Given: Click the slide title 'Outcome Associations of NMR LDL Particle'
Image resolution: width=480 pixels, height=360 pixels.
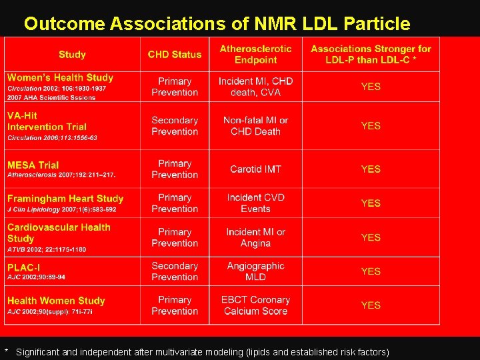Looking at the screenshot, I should click(x=217, y=24).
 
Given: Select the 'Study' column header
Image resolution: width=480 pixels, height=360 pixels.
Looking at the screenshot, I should click(x=72, y=55).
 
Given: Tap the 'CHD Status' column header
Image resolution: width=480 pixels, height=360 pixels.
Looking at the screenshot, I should click(x=175, y=55).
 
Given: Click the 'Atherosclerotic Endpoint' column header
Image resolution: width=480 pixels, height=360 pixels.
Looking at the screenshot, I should click(x=255, y=54).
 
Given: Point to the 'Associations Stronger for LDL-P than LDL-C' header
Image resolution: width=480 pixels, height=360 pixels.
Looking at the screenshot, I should click(x=371, y=54).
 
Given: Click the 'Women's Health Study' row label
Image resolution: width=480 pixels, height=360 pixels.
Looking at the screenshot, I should click(x=61, y=78).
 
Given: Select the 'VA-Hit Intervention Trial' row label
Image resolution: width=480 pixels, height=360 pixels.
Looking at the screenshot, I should click(x=47, y=121).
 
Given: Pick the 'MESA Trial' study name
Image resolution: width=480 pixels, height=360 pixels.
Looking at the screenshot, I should click(x=33, y=165).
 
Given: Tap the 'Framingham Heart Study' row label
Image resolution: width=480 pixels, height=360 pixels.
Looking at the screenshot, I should click(x=65, y=198).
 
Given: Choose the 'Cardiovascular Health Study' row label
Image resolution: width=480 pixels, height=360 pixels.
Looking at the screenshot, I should click(x=59, y=233).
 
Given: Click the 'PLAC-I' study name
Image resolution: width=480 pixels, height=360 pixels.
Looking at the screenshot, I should click(x=23, y=267).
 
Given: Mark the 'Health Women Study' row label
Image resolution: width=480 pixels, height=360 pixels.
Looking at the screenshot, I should click(x=56, y=301).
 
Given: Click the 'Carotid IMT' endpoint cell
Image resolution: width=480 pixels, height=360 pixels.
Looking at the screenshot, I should click(x=255, y=169).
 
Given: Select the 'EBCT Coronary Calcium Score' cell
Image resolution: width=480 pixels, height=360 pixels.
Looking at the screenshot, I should click(x=255, y=305).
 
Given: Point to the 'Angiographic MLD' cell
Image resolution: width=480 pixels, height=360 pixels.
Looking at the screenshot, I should click(x=255, y=271).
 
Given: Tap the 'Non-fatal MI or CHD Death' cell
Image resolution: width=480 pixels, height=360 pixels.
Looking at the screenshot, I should click(x=255, y=126).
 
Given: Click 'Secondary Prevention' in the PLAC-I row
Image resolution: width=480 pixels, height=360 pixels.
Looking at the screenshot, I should click(x=175, y=271).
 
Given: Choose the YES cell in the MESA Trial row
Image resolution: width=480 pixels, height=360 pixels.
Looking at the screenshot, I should click(x=371, y=169).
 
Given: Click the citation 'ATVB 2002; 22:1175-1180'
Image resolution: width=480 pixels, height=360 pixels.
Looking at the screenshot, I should click(x=47, y=249).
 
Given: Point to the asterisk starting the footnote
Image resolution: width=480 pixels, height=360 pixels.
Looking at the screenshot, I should click(x=7, y=351).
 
